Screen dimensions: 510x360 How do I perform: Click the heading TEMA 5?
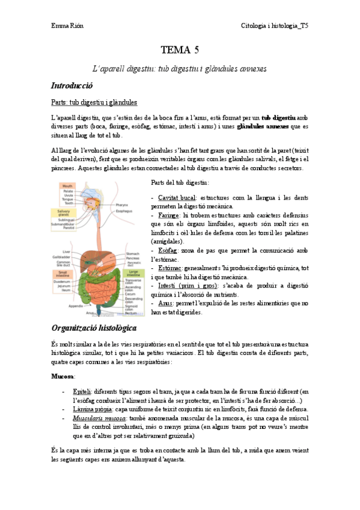pyautogui.click(x=180, y=50)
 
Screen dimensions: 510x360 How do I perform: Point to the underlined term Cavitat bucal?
pyautogui.click(x=174, y=198)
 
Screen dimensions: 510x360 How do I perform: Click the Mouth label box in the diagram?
pyautogui.click(x=69, y=186)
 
